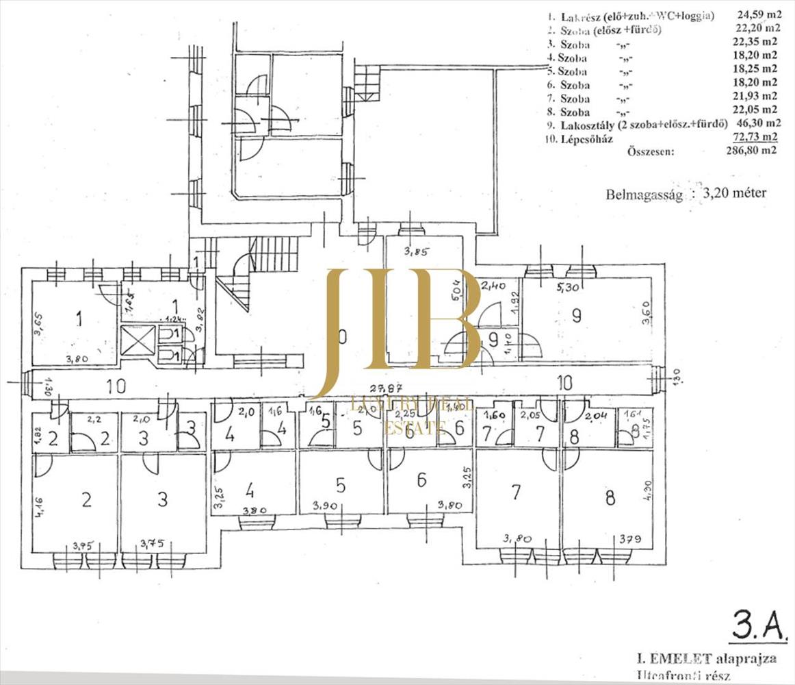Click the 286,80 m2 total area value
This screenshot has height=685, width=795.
751,152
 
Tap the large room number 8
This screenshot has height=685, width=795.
610,497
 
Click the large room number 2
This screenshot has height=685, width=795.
86,500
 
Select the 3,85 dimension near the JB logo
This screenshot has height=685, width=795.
415,251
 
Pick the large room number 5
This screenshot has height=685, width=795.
341,484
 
